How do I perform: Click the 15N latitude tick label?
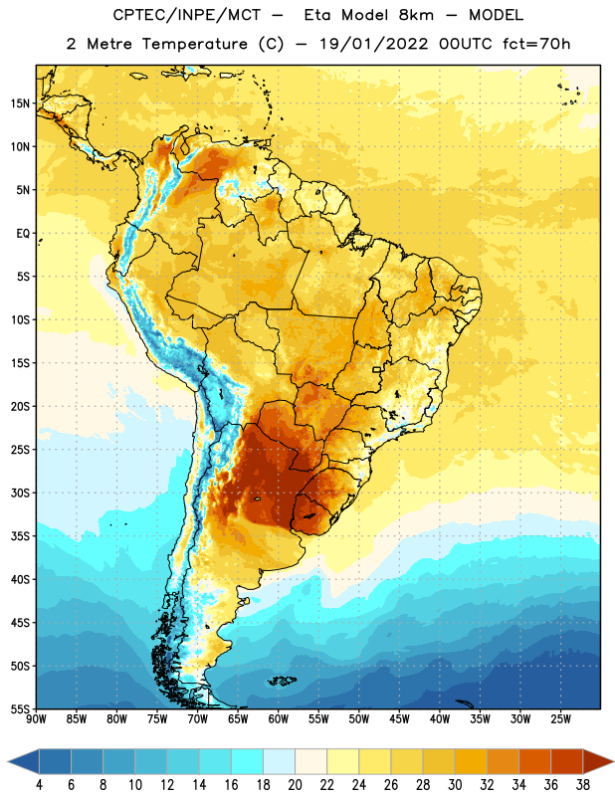(20, 103)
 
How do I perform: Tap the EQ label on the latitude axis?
(23, 234)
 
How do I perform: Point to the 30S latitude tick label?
(20, 493)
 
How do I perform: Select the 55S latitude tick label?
(20, 708)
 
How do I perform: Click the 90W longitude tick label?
(36, 718)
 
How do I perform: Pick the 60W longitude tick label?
(279, 718)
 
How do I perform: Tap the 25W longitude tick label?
(560, 718)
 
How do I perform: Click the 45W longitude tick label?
(399, 718)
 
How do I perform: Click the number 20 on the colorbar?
(295, 785)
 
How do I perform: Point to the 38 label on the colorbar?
(582, 785)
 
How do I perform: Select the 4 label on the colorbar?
(39, 785)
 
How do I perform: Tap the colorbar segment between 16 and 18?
(248, 761)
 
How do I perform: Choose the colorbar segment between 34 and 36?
(534, 761)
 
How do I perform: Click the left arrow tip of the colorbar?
(8, 761)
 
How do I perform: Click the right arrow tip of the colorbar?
(613, 761)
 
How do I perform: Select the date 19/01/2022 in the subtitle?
(374, 44)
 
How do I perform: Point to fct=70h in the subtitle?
(536, 44)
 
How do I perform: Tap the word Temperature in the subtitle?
(194, 44)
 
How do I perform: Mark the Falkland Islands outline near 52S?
(282, 681)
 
